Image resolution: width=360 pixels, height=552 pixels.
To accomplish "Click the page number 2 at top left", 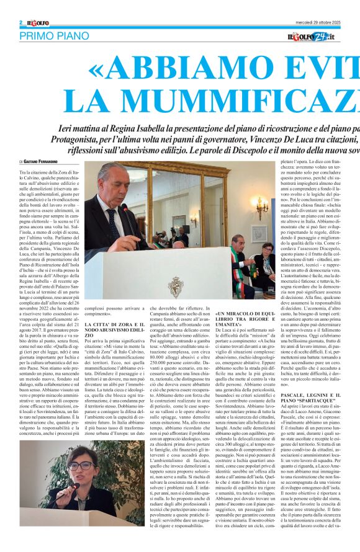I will pyautogui.click(x=20, y=23).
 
